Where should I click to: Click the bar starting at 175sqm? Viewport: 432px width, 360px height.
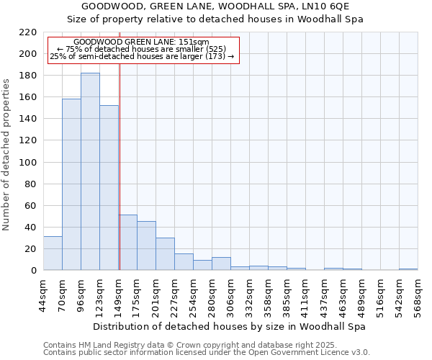point(146,246)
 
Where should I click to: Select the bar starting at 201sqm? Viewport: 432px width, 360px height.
point(165,254)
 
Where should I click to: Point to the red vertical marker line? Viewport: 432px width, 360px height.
point(120,166)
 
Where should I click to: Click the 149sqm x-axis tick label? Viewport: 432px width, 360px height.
point(118,292)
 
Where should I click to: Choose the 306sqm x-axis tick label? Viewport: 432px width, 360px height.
point(230,292)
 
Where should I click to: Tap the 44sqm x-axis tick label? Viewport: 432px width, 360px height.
point(43,292)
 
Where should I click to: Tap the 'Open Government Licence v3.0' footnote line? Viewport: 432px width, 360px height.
point(207,352)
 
